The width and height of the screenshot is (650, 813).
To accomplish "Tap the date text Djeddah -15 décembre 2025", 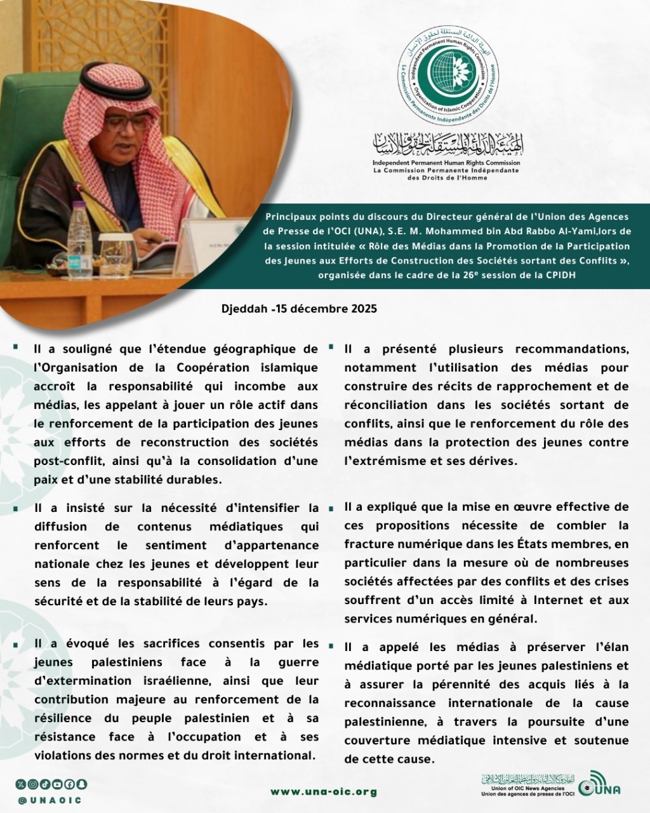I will point(300,309).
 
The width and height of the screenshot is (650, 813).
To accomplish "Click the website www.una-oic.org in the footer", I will point(324,792).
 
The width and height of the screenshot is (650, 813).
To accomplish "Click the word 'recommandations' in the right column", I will point(571,349).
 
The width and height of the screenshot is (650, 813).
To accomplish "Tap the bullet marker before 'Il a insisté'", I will point(15,508).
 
